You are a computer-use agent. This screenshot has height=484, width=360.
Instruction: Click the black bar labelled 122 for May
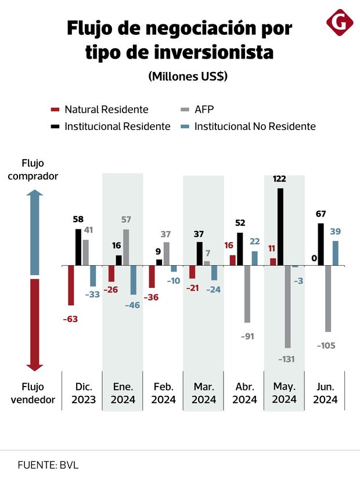[x=281, y=227]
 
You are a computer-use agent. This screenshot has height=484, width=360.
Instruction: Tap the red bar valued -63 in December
[x=71, y=285]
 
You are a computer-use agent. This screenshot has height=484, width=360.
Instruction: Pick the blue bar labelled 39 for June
[x=336, y=253]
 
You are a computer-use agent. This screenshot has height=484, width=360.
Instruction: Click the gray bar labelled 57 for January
[x=126, y=248]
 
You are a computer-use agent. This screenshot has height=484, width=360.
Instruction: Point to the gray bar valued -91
[x=247, y=294]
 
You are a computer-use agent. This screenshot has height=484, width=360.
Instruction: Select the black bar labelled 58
[x=78, y=247]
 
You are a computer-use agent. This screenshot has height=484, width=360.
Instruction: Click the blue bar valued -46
[x=133, y=280]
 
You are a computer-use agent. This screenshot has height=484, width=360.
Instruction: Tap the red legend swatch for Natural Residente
[x=55, y=110]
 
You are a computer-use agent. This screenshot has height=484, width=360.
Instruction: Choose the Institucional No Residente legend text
[x=255, y=126]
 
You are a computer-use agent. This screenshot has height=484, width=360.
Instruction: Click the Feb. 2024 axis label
[x=163, y=393]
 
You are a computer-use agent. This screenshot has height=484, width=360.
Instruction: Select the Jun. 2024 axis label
[x=325, y=393]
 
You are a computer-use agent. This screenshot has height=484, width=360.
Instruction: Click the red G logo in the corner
[x=340, y=23]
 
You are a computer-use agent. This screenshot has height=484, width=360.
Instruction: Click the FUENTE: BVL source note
[x=48, y=465]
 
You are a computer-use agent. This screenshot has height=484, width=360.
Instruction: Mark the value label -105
[x=326, y=345]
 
